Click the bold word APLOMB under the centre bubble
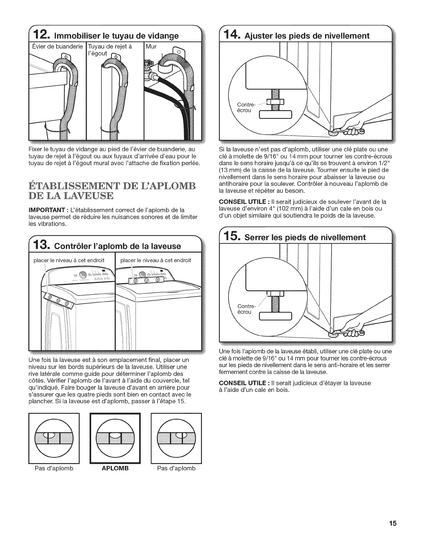pos(115,468)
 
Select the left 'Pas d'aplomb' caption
pos(54,468)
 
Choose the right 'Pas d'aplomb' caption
pos(176,468)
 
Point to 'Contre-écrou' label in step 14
pos(245,107)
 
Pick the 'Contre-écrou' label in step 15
pos(245,309)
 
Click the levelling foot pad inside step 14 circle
pos(275,115)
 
